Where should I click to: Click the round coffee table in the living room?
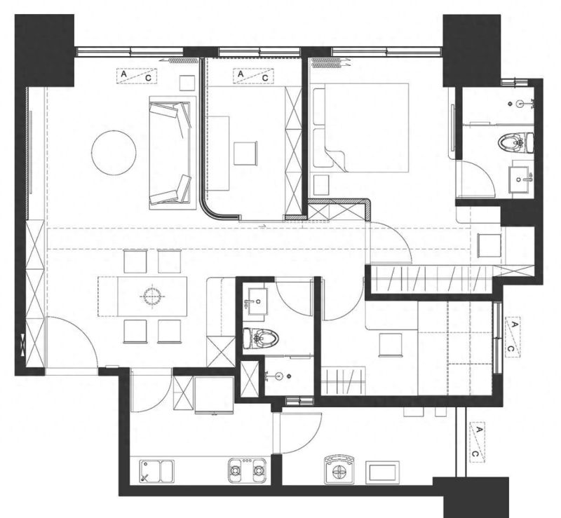pyautogui.click(x=114, y=152)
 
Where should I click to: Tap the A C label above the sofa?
pyautogui.click(x=137, y=76)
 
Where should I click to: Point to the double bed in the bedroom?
pyautogui.click(x=361, y=128)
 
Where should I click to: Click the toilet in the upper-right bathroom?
pyautogui.click(x=515, y=142)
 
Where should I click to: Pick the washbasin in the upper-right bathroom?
pyautogui.click(x=520, y=179)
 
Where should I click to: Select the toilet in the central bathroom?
pyautogui.click(x=260, y=338)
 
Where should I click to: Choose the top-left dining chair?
pyautogui.click(x=135, y=261)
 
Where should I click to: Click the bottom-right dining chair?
pyautogui.click(x=169, y=332)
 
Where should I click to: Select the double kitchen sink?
pyautogui.click(x=156, y=472)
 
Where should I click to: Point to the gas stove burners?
pyautogui.click(x=248, y=470)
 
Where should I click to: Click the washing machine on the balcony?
pyautogui.click(x=339, y=470)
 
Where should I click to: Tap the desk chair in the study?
pyautogui.click(x=245, y=153)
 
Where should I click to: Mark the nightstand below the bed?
pyautogui.click(x=321, y=185)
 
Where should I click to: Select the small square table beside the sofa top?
pyautogui.click(x=187, y=83)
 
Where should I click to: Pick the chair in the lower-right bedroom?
pyautogui.click(x=391, y=345)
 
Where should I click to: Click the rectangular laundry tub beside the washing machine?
pyautogui.click(x=382, y=472)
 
